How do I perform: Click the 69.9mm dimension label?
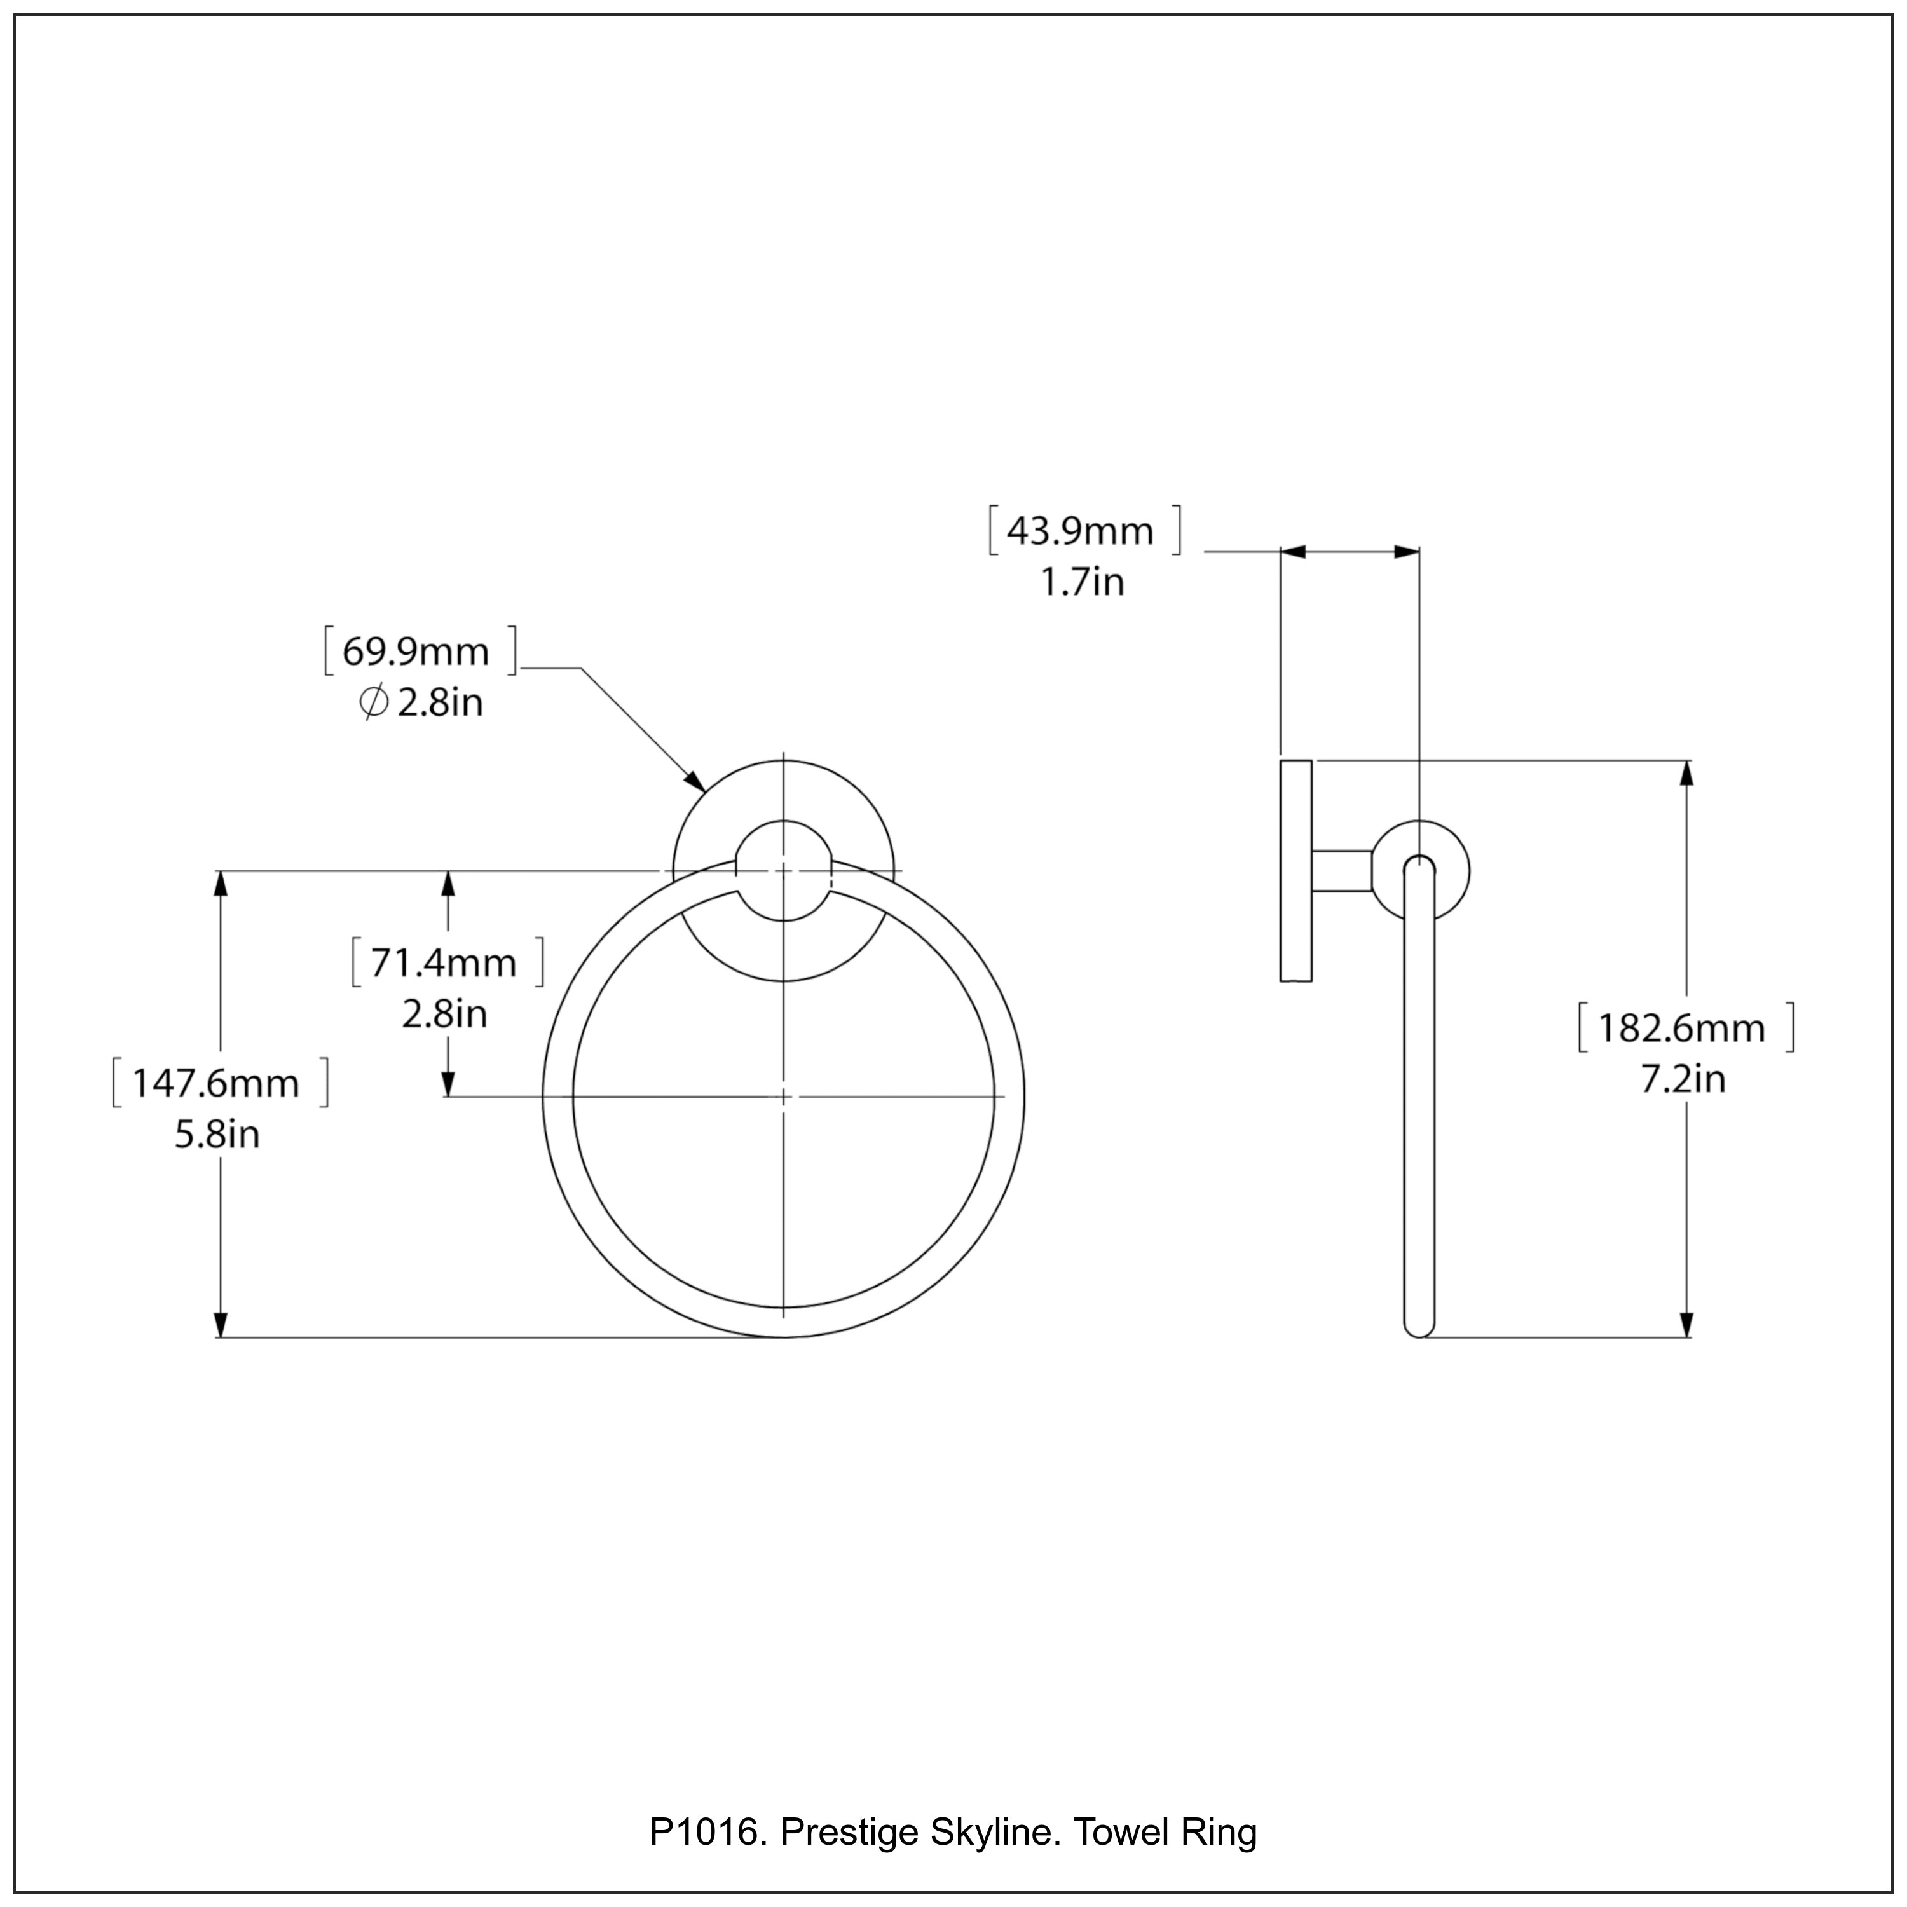click(416, 652)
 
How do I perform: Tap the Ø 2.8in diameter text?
click(421, 704)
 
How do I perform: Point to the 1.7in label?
click(1082, 582)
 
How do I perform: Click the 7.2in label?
click(1683, 1080)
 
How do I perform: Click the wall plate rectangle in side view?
click(1296, 871)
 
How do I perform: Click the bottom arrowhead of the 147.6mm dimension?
click(221, 1325)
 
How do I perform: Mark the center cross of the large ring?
click(784, 1097)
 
